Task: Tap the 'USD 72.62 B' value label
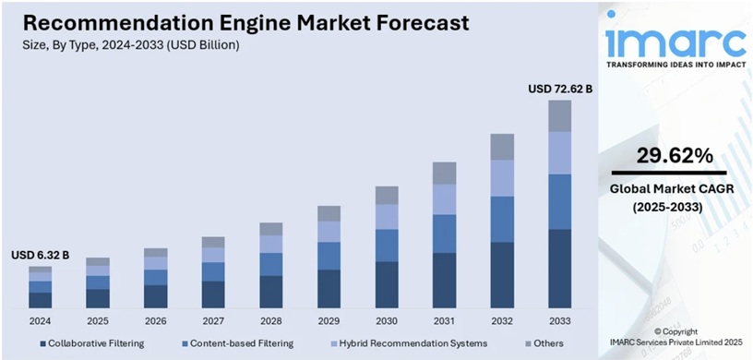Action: pos(559,90)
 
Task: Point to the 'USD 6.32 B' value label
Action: pos(40,255)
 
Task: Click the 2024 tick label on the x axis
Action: pos(40,321)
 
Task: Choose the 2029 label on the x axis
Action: pos(329,321)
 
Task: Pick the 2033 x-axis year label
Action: pos(559,321)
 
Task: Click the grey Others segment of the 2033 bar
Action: pos(559,115)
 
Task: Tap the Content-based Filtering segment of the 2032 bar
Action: pos(501,219)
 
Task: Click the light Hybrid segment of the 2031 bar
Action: pos(444,198)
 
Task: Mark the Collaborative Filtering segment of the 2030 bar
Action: pos(386,284)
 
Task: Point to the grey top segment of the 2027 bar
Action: pos(213,242)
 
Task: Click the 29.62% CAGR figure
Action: pos(664,154)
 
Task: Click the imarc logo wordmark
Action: pos(675,42)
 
